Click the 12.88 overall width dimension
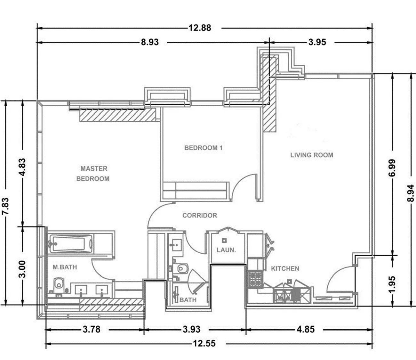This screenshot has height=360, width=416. pyautogui.click(x=200, y=28)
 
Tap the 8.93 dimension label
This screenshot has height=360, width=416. pyautogui.click(x=150, y=42)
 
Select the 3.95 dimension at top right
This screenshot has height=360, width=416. pyautogui.click(x=317, y=42)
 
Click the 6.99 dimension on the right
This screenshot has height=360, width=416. pyautogui.click(x=392, y=168)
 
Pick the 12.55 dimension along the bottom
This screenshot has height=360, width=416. pyautogui.click(x=204, y=343)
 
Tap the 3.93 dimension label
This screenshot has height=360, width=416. pyautogui.click(x=192, y=329)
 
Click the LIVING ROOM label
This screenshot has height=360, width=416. pyautogui.click(x=312, y=155)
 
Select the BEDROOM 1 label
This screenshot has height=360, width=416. pyautogui.click(x=204, y=148)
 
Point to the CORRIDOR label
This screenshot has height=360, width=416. pyautogui.click(x=200, y=215)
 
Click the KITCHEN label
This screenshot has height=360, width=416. pyautogui.click(x=285, y=268)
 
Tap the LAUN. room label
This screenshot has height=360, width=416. pyautogui.click(x=226, y=250)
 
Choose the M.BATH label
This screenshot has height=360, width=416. pyautogui.click(x=65, y=267)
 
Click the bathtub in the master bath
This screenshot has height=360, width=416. pyautogui.click(x=70, y=243)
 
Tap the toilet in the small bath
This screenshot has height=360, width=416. pyautogui.click(x=180, y=268)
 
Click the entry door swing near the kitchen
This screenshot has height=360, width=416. pyautogui.click(x=340, y=279)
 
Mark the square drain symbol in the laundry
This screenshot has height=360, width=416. pyautogui.click(x=224, y=241)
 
